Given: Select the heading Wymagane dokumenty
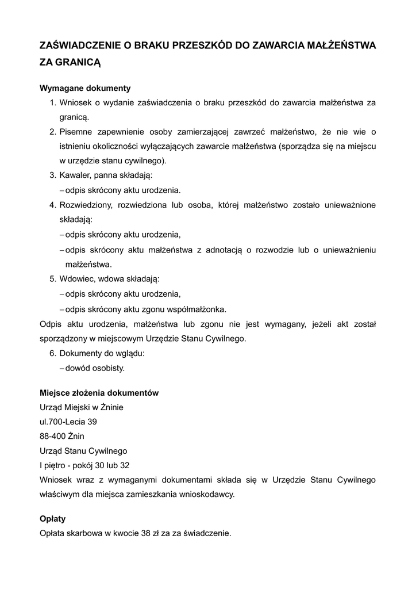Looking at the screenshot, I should point(85,89).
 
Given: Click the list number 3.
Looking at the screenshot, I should point(52,175).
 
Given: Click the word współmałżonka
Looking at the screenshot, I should point(197,309).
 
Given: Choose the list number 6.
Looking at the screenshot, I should point(52,353).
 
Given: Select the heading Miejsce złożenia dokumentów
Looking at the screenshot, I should point(99,393).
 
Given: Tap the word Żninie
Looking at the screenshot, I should point(111,408).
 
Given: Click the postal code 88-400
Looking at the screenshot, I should point(52,436).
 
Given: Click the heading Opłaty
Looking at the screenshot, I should point(52,519).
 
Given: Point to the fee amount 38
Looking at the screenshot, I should point(146,533).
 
